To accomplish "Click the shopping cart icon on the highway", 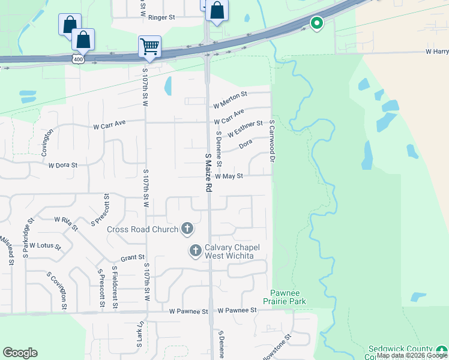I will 149,46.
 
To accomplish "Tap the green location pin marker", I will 316,24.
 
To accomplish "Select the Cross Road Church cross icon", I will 187,229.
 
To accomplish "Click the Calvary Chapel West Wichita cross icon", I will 195,251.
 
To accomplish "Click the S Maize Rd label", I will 208,172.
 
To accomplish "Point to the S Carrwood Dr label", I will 272,141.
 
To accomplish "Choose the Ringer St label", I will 162,18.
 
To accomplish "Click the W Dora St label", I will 63,165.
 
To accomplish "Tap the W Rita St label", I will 66,223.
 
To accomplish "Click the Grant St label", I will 133,257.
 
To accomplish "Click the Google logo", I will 20,353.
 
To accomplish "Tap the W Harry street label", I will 437,52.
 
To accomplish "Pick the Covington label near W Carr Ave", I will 46,142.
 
